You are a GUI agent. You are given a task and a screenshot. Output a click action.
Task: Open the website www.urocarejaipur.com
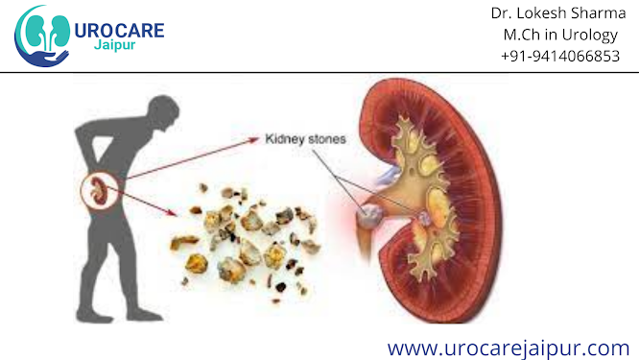pyautogui.click(x=508, y=346)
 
